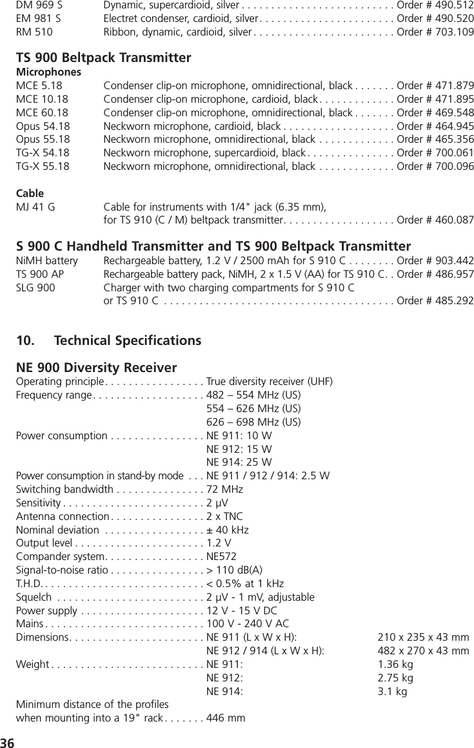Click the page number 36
[8, 740]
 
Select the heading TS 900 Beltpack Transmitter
[103, 58]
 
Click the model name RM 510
[35, 32]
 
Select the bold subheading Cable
[30, 193]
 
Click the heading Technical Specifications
[128, 340]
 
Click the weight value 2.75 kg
[395, 678]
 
